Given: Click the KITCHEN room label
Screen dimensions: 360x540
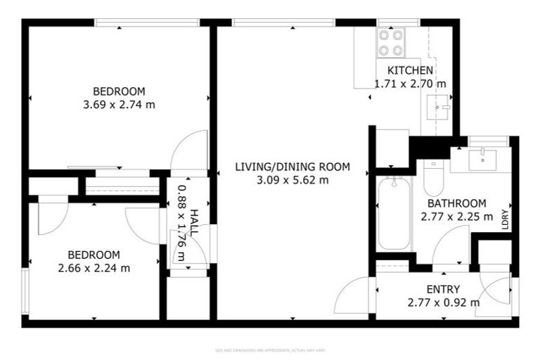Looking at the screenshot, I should tap(410, 70).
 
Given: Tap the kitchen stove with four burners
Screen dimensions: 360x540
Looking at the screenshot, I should tap(390, 41).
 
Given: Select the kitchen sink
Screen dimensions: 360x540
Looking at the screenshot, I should tap(440, 108).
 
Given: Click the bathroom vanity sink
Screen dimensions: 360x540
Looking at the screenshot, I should tap(484, 159).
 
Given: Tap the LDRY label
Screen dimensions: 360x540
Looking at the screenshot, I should tap(505, 220).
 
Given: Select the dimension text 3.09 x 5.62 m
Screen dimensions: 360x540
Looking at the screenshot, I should tap(292, 180).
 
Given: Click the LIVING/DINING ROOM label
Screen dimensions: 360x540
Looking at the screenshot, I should tap(292, 167).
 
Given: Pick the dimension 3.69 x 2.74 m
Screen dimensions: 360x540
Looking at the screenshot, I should tap(119, 105).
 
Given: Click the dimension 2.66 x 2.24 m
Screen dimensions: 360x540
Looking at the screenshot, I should tap(94, 268).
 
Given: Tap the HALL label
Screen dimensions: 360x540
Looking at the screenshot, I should tap(193, 222).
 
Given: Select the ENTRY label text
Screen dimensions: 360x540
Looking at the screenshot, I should tap(443, 289).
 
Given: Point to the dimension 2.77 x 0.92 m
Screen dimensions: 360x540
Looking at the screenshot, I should tap(443, 303).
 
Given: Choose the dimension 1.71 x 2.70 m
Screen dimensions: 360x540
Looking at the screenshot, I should tap(410, 84).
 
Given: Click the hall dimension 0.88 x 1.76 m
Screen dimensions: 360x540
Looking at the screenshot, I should tap(181, 222).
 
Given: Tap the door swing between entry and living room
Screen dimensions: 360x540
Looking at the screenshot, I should tap(354, 295).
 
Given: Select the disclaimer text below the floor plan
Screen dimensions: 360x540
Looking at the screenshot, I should tap(269, 350).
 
